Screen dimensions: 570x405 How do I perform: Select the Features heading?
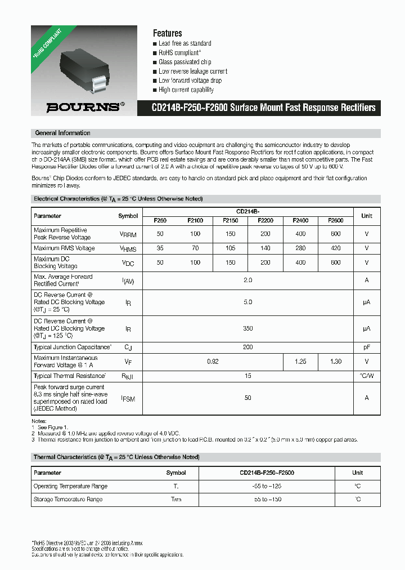[168, 33]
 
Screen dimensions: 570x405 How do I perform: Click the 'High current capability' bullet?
[186, 90]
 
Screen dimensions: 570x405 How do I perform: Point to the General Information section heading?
[62, 133]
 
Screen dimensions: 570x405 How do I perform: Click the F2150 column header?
[230, 221]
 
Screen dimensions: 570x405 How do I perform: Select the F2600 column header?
[336, 221]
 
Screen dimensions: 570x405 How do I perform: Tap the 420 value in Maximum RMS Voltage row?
[336, 248]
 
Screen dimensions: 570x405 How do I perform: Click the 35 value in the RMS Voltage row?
[160, 248]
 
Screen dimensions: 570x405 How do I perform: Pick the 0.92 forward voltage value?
[213, 362]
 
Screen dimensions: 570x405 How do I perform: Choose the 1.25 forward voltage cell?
[300, 362]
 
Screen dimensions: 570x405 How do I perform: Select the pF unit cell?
[367, 348]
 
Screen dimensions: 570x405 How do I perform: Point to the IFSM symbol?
[128, 398]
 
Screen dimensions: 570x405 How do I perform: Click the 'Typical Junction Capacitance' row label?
[73, 348]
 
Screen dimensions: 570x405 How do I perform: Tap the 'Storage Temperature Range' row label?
[68, 500]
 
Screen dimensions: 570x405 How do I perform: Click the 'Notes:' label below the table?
[39, 421]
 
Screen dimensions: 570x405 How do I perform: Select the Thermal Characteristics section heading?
[116, 457]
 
